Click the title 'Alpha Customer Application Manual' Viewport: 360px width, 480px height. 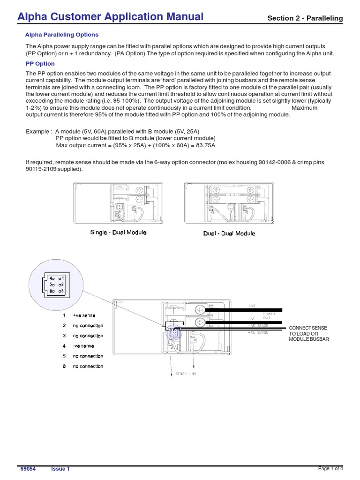coord(111,17)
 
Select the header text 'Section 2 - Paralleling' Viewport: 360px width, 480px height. coord(305,18)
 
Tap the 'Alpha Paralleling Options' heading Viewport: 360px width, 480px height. coord(61,35)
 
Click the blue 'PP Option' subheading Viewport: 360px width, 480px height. coord(40,63)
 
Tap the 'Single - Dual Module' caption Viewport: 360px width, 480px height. coord(118,232)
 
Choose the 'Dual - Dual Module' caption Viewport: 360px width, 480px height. coord(229,233)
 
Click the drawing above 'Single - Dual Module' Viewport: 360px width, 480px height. coord(118,203)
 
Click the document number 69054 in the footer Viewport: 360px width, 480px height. coord(28,469)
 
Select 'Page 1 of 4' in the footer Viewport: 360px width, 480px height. coord(330,468)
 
